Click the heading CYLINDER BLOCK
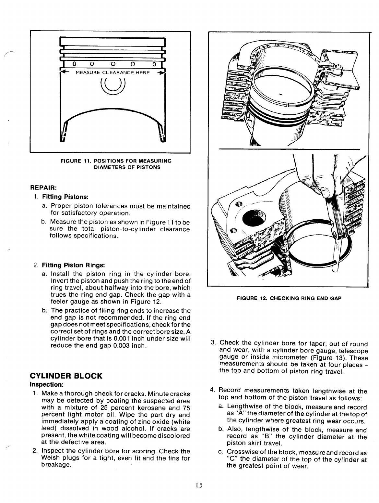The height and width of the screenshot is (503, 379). [x=66, y=376]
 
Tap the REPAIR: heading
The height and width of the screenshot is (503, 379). [x=43, y=188]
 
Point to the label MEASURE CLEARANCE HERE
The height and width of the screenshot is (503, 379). [x=113, y=72]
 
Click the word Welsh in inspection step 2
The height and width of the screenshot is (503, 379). [x=50, y=458]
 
